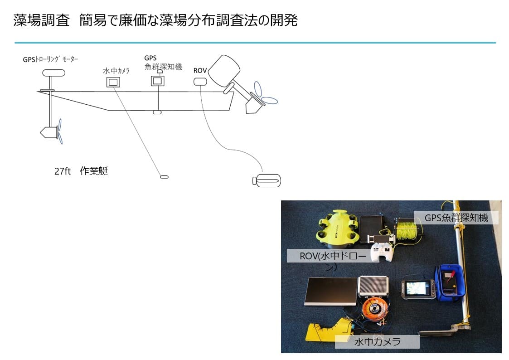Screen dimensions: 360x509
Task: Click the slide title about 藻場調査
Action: (155, 20)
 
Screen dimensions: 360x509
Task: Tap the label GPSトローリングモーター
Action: (51, 59)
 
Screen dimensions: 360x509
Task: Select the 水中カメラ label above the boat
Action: (116, 71)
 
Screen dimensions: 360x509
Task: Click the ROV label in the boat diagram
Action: (200, 70)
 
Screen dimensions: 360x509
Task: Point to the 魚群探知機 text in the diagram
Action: (163, 67)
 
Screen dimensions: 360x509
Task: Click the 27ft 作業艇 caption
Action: (81, 171)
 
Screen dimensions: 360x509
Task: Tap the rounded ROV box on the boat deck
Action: (200, 81)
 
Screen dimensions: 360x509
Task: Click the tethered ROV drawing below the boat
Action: (267, 181)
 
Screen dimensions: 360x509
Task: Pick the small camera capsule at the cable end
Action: (164, 176)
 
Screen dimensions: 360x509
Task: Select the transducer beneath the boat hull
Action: (157, 112)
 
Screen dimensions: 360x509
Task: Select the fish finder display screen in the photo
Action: (417, 288)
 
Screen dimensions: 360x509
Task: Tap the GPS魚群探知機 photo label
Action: (456, 218)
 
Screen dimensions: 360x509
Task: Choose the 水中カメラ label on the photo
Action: (377, 342)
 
